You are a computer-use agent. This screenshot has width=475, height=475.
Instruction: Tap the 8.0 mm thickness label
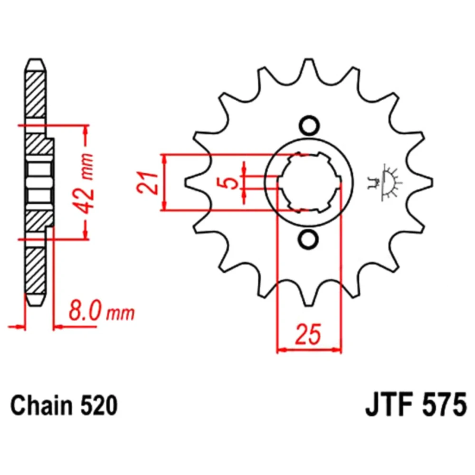point(102,311)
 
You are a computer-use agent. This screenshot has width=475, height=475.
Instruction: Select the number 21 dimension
point(148,183)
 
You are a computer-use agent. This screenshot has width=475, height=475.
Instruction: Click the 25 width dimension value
point(308,334)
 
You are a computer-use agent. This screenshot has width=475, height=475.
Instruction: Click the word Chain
point(41,406)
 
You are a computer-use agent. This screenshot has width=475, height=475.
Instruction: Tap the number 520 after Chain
point(98,406)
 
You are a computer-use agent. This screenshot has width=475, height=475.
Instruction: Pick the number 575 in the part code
point(444,405)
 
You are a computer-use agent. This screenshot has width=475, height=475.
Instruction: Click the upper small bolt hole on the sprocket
point(309,126)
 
